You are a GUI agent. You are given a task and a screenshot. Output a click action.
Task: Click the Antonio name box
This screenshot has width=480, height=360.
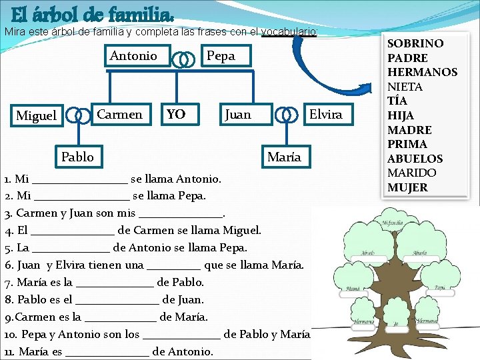click(133, 56)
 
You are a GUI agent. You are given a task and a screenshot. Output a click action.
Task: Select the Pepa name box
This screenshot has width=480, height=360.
click(221, 56)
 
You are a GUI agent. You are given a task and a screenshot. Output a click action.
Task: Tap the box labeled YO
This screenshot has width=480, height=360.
click(176, 115)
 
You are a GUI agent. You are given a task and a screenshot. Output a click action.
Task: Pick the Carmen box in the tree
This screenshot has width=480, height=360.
click(120, 115)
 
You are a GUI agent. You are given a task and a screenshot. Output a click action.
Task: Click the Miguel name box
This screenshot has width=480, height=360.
click(36, 116)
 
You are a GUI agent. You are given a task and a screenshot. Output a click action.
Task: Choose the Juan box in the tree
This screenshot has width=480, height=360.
click(238, 115)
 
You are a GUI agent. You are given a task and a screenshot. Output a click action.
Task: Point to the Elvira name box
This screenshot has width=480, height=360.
click(325, 115)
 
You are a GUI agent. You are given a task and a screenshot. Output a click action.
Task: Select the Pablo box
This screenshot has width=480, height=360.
click(77, 157)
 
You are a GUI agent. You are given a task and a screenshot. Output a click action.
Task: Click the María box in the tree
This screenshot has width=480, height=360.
click(284, 157)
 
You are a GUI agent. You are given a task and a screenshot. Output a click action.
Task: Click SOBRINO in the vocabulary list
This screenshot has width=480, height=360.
click(415, 43)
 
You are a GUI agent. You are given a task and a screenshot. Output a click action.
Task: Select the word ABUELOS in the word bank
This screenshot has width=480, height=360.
click(415, 159)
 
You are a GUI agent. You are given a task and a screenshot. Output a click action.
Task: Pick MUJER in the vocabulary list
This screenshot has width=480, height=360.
click(407, 187)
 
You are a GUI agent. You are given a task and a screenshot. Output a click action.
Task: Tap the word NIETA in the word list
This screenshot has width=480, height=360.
click(405, 87)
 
